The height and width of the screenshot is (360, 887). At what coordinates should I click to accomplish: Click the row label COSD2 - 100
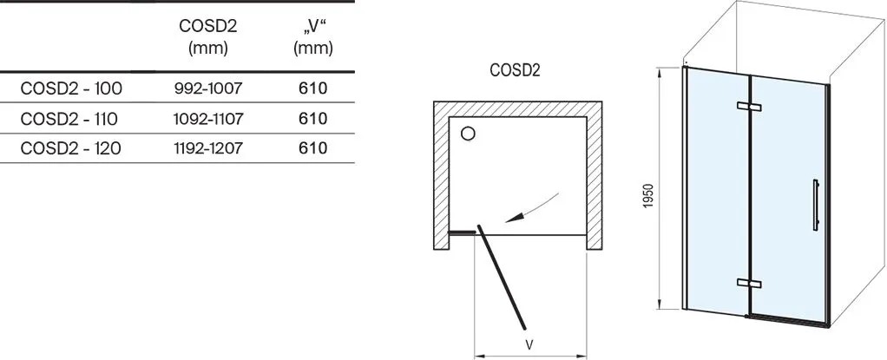70,88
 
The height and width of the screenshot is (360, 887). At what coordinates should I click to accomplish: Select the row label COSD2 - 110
69,119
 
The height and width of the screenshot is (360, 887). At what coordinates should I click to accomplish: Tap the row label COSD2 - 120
70,148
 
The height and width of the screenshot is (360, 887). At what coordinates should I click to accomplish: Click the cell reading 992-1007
208,88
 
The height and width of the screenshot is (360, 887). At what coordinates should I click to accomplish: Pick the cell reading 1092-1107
208,119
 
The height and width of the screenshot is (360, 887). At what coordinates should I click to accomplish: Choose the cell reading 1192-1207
208,148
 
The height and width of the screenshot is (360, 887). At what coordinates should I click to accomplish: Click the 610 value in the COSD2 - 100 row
313,88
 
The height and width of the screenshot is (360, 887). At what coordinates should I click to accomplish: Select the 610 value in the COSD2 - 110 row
313,119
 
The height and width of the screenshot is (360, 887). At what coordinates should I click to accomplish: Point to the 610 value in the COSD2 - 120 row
313,148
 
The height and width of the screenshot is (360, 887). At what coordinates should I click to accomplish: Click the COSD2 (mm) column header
208,36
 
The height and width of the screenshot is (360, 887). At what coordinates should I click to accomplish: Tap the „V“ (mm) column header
313,36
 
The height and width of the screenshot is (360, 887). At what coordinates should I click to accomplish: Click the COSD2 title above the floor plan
515,70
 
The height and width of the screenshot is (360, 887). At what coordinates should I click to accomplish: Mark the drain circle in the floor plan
468,134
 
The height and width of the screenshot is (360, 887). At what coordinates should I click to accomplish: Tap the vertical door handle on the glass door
815,205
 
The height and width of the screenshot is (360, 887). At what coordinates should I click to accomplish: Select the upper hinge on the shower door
749,106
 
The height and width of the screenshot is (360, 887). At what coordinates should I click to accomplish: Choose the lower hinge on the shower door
749,283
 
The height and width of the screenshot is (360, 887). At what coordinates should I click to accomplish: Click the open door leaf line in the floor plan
502,278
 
